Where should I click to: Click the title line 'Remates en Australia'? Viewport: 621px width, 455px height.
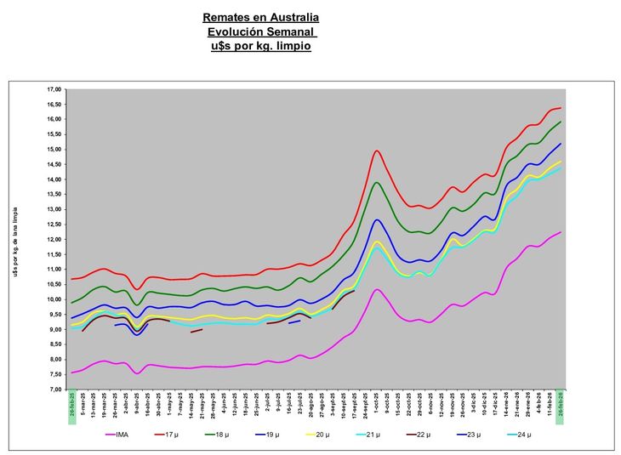(x=261, y=17)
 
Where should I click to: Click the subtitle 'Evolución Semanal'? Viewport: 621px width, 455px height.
(x=261, y=31)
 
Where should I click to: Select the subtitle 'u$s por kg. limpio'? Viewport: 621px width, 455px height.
(x=261, y=46)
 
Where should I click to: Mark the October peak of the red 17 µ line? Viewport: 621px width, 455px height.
(x=376, y=151)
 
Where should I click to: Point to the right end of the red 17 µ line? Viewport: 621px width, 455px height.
(x=561, y=108)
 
